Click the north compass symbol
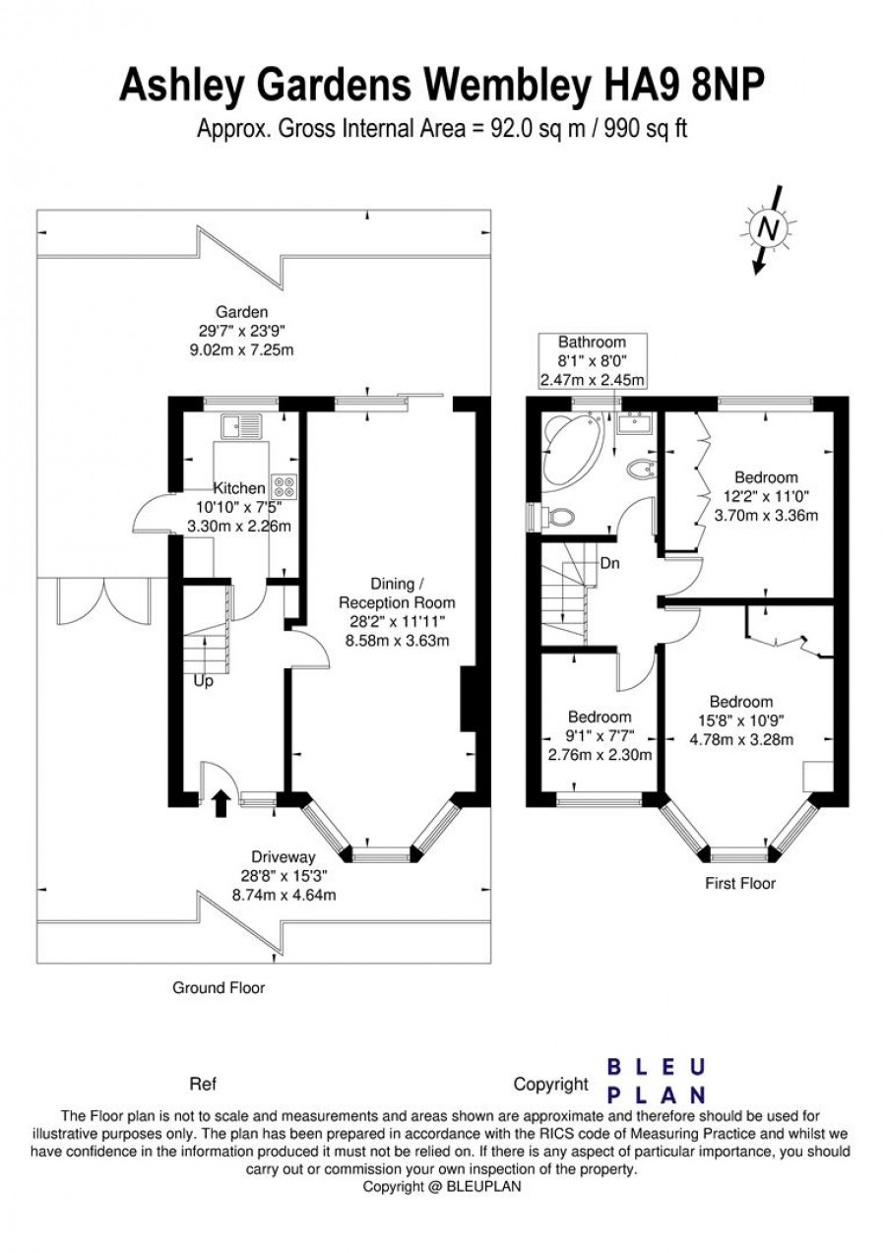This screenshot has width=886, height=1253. point(769,228)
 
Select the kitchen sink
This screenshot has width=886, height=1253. point(241,427)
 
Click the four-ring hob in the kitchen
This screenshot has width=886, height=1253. point(284,486)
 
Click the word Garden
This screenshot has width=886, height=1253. point(242,312)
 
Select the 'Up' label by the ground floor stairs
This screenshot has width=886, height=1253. point(203,682)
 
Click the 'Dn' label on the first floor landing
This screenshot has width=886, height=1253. point(609,563)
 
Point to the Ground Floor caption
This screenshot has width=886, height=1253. point(219,988)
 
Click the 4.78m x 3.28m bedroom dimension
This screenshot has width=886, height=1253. point(741,740)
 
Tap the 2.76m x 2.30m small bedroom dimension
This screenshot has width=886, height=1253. point(600,755)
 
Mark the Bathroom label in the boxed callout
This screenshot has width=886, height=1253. point(593,342)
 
